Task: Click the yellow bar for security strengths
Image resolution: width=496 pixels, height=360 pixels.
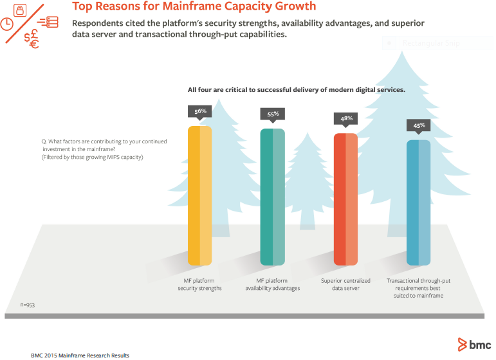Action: point(199,195)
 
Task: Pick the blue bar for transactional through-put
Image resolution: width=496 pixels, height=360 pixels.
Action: point(418,203)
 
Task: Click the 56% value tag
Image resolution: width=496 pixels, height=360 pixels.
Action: point(200,111)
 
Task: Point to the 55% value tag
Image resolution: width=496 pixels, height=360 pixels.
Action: point(273,114)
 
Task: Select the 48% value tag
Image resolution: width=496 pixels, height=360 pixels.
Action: point(346,118)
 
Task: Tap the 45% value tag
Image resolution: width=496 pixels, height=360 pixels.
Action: point(419,125)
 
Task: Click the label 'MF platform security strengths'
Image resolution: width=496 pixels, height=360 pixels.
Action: point(199,285)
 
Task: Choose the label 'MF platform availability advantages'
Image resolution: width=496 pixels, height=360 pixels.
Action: point(272,285)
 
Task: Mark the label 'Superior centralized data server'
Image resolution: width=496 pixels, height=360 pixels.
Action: point(345,285)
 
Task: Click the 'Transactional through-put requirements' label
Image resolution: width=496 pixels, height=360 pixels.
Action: point(418,288)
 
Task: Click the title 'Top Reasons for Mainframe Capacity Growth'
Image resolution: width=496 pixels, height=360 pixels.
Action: point(194,7)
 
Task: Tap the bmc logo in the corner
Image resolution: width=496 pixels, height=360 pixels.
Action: point(474,344)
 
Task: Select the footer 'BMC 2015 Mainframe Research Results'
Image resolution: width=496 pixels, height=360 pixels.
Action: point(80,355)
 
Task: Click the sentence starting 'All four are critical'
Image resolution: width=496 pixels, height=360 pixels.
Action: point(296,89)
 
